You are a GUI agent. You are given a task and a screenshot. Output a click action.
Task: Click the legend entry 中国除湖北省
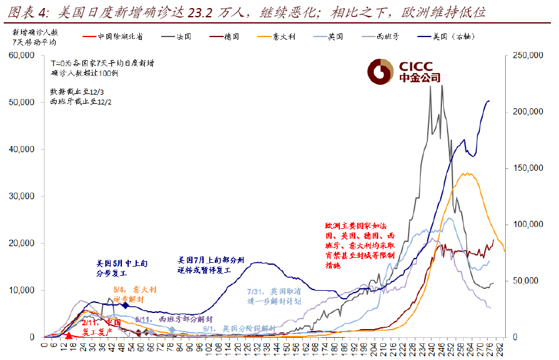(x=120, y=36)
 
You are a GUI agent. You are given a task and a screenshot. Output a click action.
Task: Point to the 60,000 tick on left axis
(x=22, y=56)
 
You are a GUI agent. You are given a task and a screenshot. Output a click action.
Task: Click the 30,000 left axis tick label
(x=22, y=197)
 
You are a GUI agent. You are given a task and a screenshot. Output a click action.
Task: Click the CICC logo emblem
(x=379, y=72)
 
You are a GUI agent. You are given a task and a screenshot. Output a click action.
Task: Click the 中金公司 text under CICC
(x=419, y=79)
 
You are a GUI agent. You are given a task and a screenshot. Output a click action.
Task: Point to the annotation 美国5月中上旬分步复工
(x=122, y=267)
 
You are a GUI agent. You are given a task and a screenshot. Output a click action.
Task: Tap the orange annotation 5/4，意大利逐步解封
(x=134, y=293)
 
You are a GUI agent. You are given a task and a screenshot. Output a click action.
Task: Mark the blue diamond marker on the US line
(x=126, y=306)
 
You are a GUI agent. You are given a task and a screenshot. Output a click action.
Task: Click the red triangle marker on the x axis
(x=69, y=335)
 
